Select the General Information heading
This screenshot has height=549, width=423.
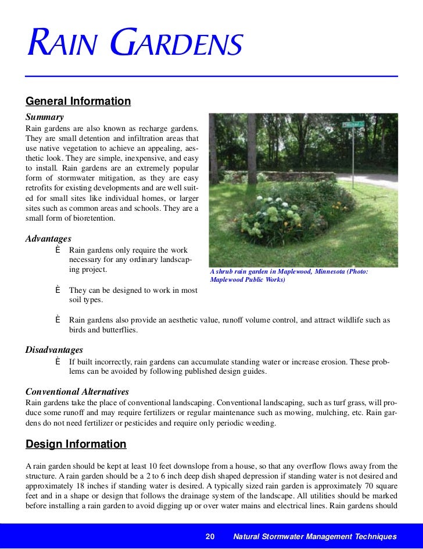[78, 101]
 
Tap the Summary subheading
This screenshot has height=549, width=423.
[44, 117]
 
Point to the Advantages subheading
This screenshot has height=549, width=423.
[48, 239]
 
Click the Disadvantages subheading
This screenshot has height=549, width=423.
[54, 350]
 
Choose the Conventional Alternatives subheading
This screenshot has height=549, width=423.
[77, 392]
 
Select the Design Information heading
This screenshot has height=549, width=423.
[76, 444]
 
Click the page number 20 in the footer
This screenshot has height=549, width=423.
[210, 537]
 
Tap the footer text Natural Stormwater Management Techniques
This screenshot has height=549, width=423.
[314, 537]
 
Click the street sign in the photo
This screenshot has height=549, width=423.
[353, 124]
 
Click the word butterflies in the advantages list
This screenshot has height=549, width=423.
[118, 330]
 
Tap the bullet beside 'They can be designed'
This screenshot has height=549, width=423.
[58, 290]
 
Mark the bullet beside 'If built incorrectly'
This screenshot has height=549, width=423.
[58, 362]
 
